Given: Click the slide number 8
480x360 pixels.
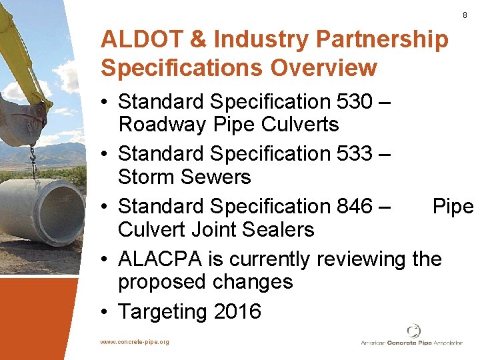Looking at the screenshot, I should [465, 15].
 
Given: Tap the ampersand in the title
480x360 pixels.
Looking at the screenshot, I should [199, 40].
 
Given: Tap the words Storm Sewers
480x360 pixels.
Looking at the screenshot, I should [184, 177].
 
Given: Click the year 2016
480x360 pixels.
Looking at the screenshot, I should [234, 311].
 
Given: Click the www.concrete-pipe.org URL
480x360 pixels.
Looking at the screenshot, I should [135, 342].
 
